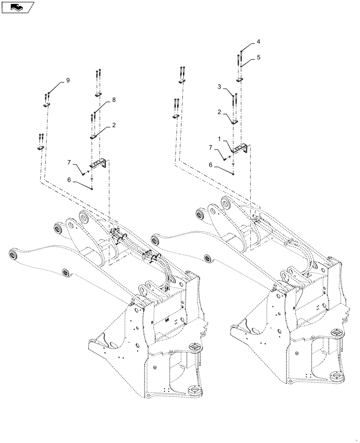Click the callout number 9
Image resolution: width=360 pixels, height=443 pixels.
68,80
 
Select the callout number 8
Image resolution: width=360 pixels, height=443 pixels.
113,100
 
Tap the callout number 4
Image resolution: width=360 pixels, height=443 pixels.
258,42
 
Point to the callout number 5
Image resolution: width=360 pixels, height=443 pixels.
258,57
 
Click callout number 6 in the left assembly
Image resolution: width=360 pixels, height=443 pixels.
69,180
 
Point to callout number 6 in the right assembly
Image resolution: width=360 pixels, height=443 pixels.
211,165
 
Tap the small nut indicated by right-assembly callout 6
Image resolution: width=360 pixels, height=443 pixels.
233,174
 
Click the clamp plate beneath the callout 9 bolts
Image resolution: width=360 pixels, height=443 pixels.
47,105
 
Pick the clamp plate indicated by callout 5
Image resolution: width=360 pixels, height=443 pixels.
239,80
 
